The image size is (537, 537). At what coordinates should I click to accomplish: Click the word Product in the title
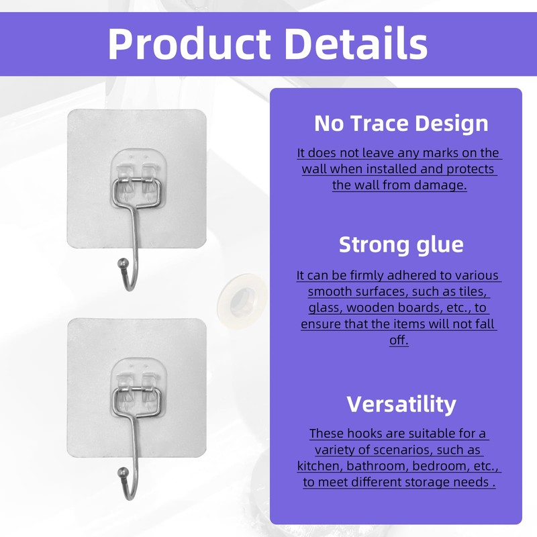click(x=189, y=44)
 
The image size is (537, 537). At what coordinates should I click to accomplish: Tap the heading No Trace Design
click(x=401, y=124)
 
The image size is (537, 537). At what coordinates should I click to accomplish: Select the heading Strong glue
click(x=401, y=245)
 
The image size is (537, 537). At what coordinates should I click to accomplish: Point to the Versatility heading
click(x=401, y=404)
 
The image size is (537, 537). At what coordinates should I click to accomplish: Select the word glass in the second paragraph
click(x=326, y=308)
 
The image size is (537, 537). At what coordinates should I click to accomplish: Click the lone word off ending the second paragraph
click(x=399, y=340)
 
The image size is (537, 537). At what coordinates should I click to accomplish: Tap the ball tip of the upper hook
click(x=123, y=264)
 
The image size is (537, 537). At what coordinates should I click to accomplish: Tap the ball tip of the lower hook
click(x=123, y=473)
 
